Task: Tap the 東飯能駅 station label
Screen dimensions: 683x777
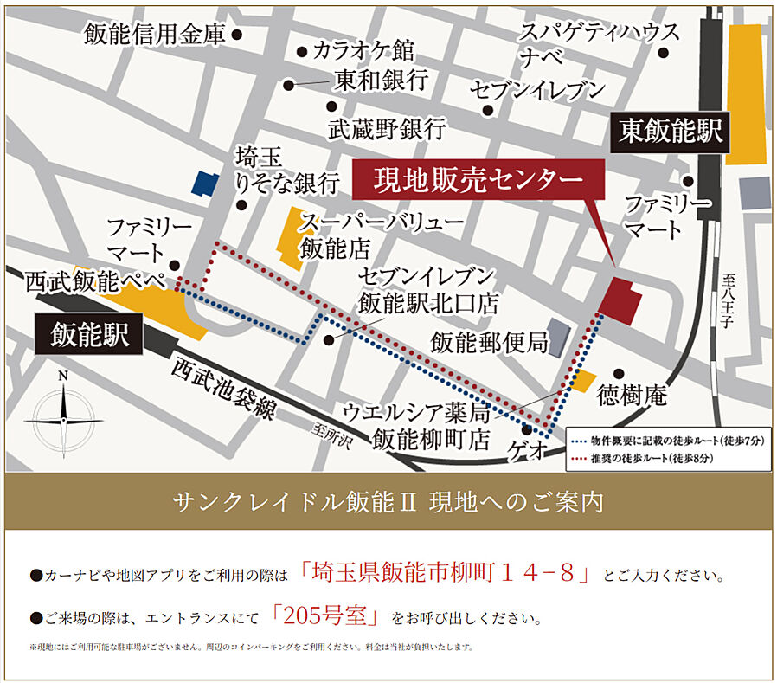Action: tap(671, 132)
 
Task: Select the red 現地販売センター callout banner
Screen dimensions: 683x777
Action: tap(478, 181)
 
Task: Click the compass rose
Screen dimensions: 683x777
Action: tap(63, 418)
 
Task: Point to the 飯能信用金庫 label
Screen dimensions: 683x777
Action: tap(154, 35)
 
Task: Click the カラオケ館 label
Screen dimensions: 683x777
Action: tap(363, 49)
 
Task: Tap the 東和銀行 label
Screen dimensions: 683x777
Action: tap(381, 81)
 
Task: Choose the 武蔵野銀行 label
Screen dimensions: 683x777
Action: tap(387, 129)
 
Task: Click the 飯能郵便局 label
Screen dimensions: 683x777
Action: tap(490, 343)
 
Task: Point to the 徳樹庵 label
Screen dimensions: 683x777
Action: tap(632, 396)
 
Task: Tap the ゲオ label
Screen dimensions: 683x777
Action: tap(530, 451)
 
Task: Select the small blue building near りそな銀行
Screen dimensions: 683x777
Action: tap(206, 182)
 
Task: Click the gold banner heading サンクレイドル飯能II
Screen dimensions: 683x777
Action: tap(387, 501)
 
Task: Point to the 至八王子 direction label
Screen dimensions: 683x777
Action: tap(729, 303)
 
